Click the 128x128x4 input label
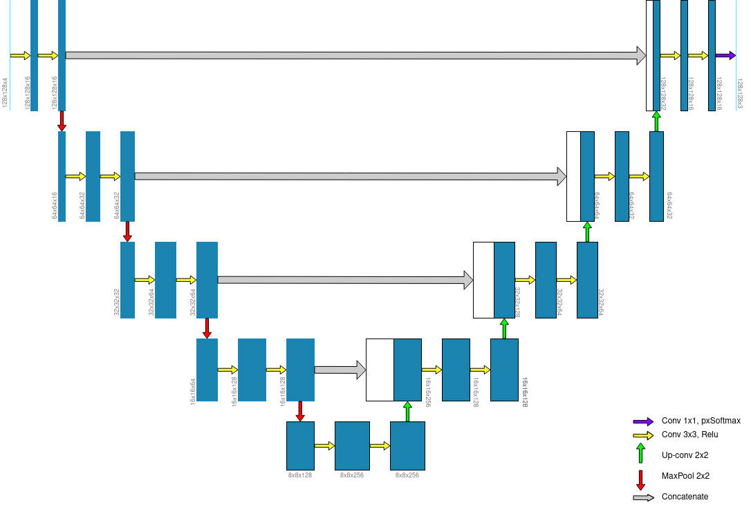pos(6,93)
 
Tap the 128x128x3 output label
pos(739,93)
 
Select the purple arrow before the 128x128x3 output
pos(725,55)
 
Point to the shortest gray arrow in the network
pos(340,370)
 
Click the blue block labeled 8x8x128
pos(300,446)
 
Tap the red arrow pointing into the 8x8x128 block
pos(300,411)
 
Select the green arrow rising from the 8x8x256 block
pos(407,411)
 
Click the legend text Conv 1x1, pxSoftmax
pos(701,421)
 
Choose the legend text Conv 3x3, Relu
pos(689,435)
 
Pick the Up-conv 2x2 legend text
pos(685,455)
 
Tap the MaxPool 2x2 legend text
pos(685,475)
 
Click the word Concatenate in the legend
pos(685,497)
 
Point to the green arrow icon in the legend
pos(640,452)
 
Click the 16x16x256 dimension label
pos(428,392)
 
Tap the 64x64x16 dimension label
pos(55,206)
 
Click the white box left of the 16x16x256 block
pos(380,370)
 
